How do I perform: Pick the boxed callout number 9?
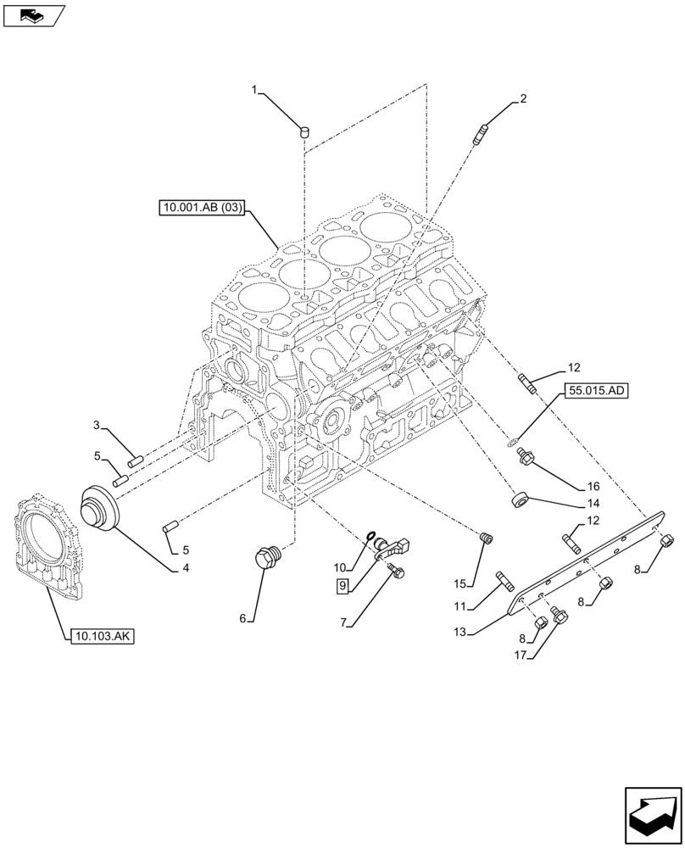tap(342, 585)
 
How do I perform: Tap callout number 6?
tap(242, 619)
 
